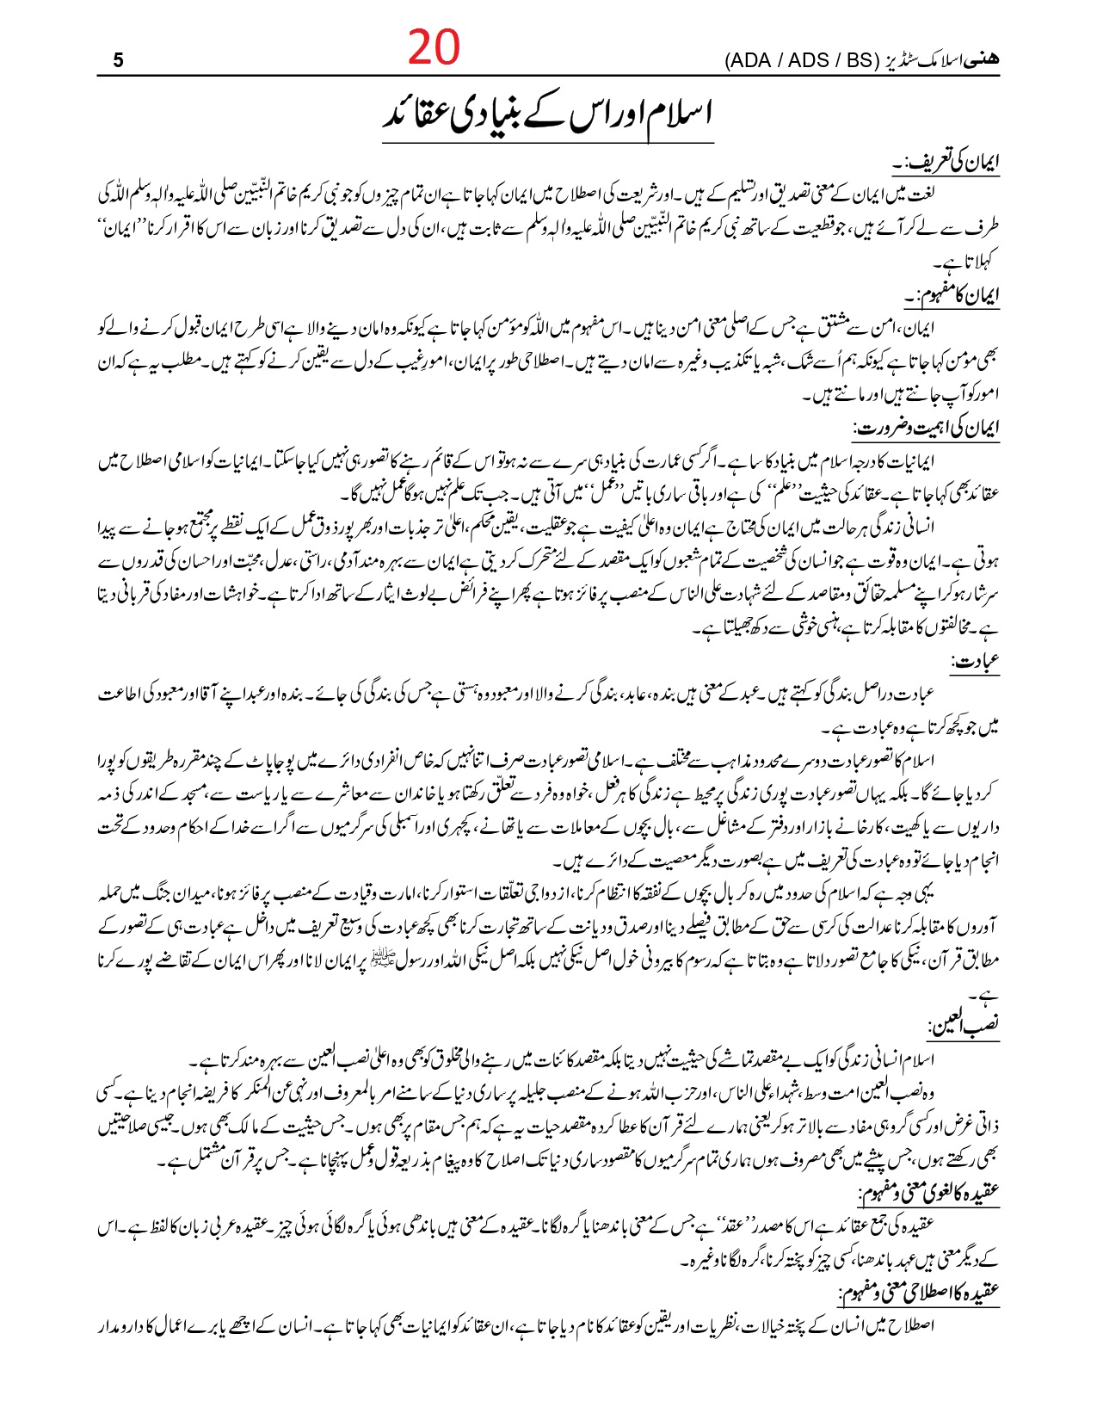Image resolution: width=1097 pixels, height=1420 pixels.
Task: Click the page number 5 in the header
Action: [x=119, y=61]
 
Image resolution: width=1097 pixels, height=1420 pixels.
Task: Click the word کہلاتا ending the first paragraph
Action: [x=975, y=258]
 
